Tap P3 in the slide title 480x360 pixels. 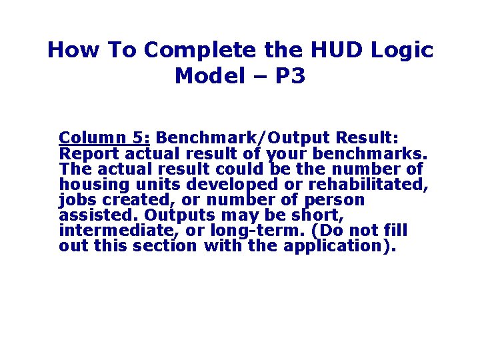[287, 76]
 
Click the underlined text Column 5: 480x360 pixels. [105, 138]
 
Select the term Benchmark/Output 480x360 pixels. [242, 138]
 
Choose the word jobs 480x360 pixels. [74, 200]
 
